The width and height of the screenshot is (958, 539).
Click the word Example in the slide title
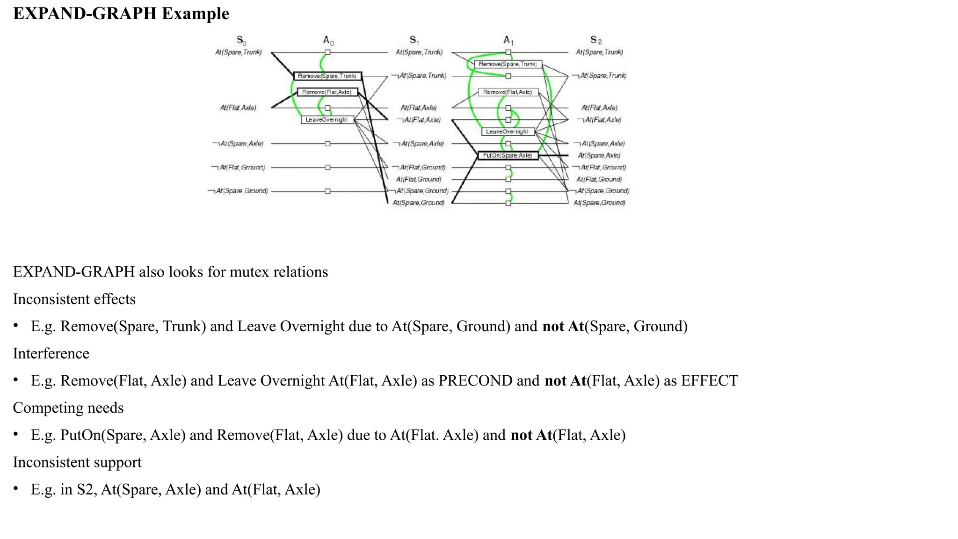[x=195, y=14]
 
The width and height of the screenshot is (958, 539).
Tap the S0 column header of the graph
[x=241, y=41]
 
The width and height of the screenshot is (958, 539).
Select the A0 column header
[x=328, y=41]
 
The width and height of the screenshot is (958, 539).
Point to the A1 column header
[x=508, y=41]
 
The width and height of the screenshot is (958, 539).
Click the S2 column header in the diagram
[x=595, y=41]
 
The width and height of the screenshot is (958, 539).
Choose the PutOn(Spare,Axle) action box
[x=508, y=155]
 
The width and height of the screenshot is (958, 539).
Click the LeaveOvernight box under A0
[x=327, y=120]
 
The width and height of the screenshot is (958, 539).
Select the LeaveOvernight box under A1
[x=508, y=132]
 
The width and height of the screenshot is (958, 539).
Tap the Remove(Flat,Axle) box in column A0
[x=327, y=92]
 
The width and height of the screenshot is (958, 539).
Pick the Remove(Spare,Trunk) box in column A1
[x=508, y=64]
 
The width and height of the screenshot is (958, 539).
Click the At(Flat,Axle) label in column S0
[x=238, y=108]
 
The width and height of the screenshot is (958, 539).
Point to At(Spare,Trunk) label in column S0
[x=238, y=52]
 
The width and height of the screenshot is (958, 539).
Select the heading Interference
[x=51, y=354]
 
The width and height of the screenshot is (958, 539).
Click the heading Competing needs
[x=68, y=408]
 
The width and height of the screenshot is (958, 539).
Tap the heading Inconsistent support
[x=77, y=462]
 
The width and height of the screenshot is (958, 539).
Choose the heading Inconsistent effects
[x=74, y=299]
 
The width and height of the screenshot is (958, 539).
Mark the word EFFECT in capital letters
[x=709, y=381]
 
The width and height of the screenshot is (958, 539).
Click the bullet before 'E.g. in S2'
[x=16, y=489]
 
